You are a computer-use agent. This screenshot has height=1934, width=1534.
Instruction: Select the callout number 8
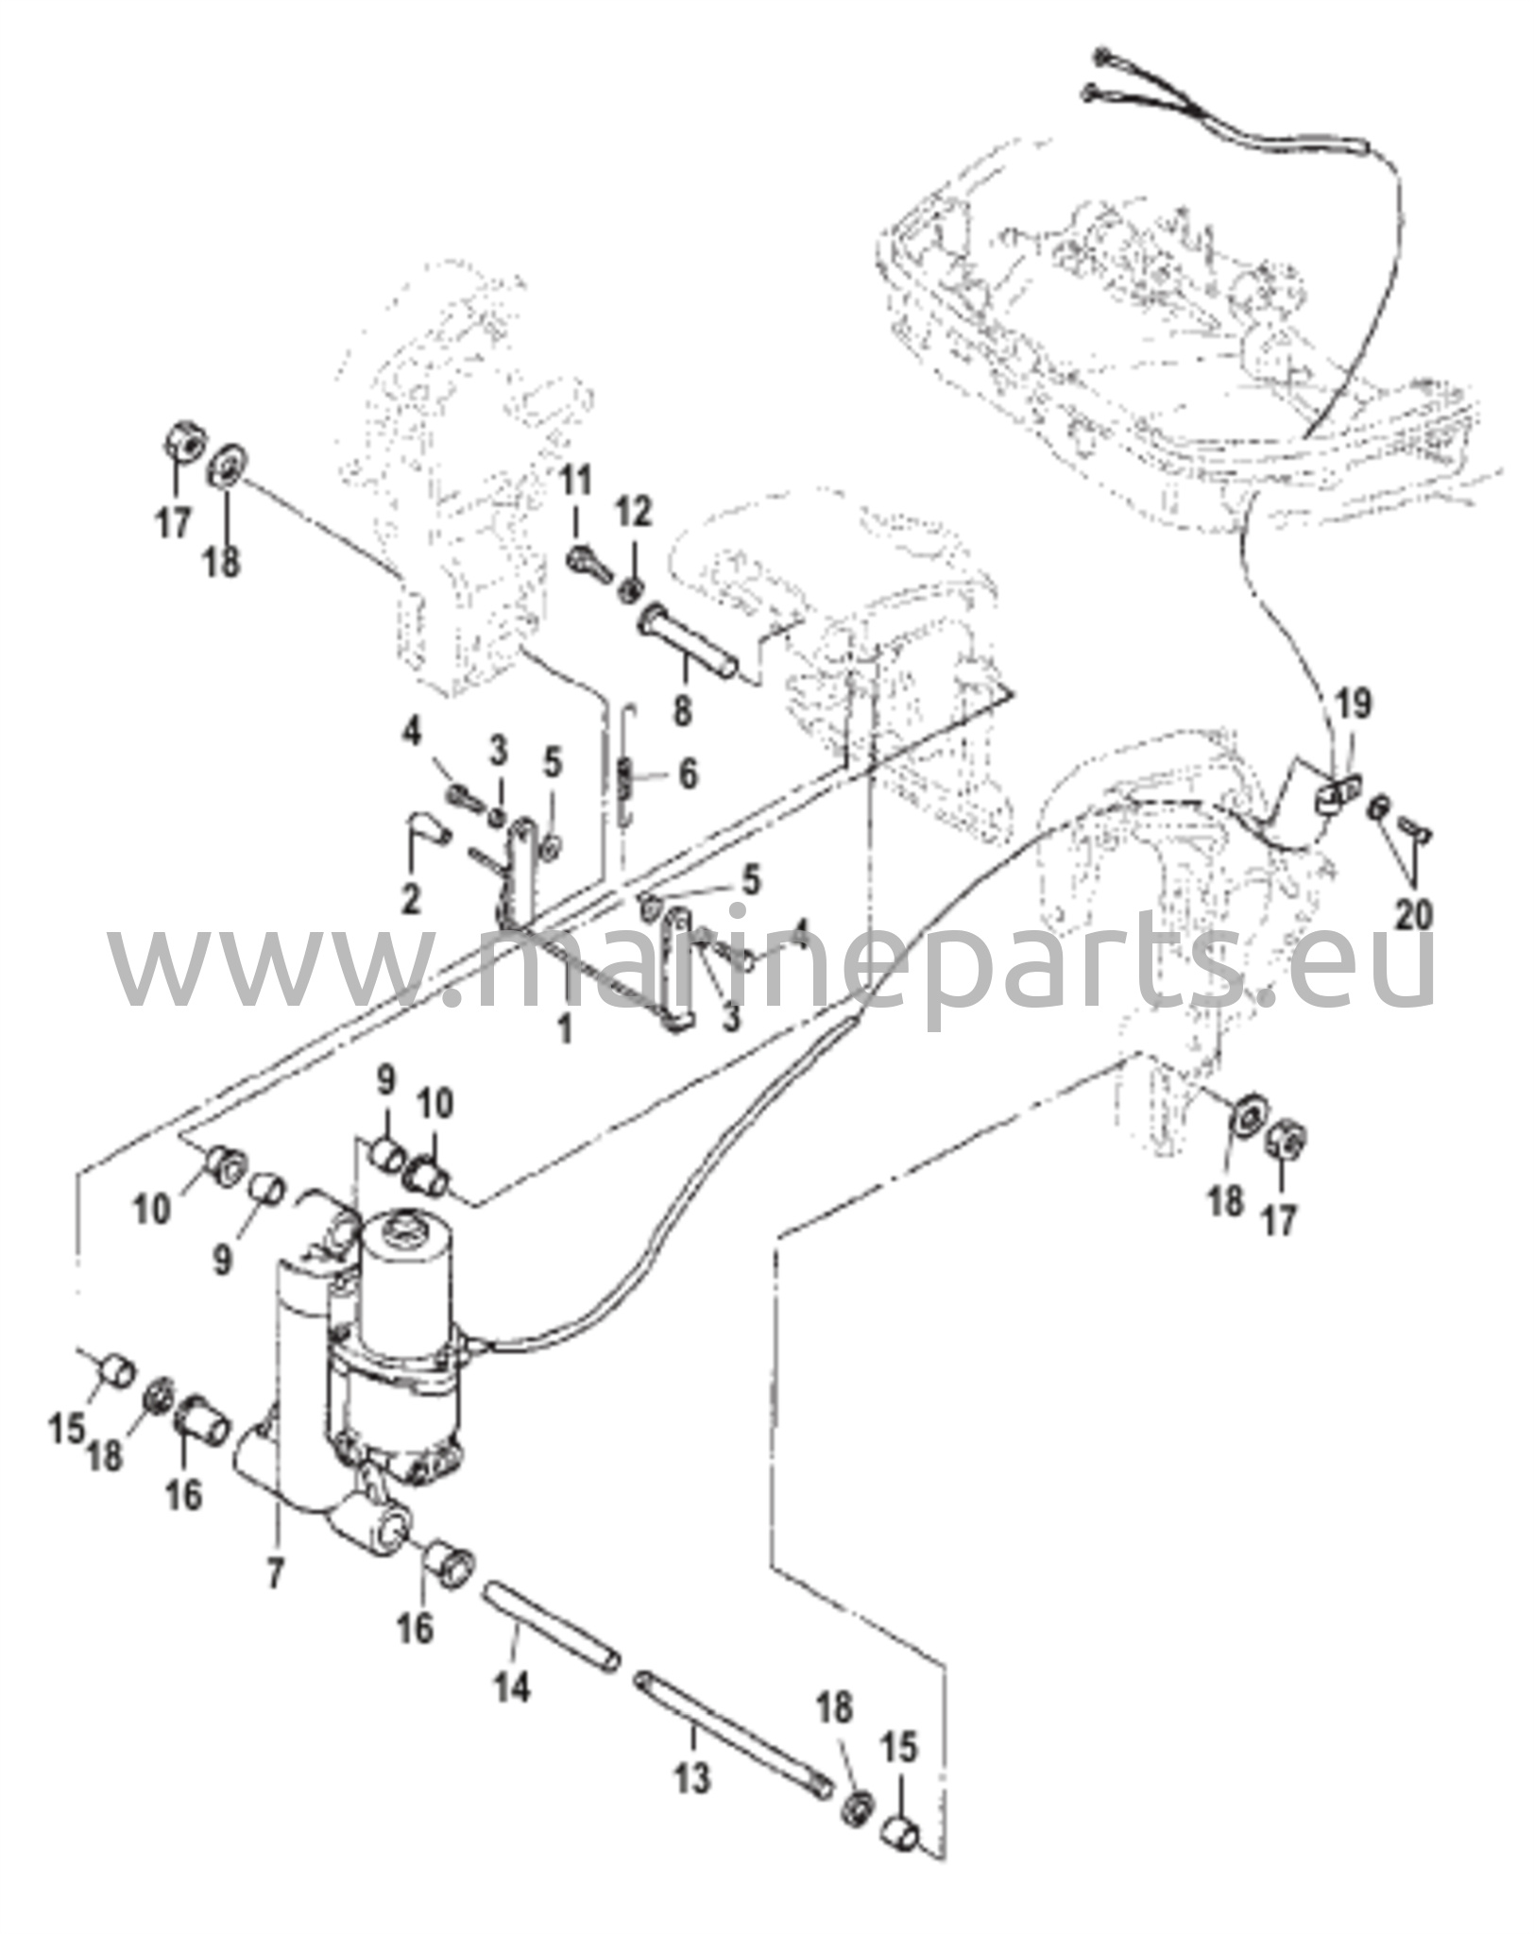click(682, 708)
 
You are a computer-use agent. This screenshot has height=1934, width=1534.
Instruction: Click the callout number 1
click(566, 1028)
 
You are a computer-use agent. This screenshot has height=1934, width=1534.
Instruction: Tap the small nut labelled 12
click(626, 592)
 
